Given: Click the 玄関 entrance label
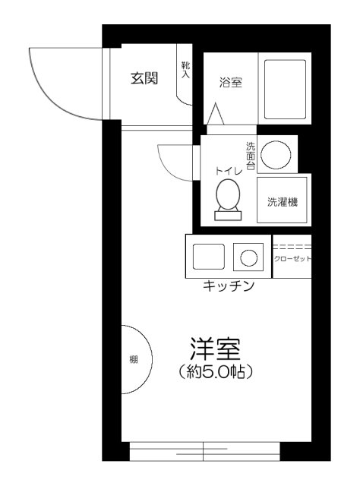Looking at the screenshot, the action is [144, 78].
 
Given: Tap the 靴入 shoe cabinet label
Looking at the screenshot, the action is [185, 70].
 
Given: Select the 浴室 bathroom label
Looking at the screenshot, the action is [231, 83].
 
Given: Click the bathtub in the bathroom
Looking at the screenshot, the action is [285, 90].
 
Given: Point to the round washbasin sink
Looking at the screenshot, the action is [276, 155].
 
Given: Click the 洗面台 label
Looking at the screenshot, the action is [251, 156].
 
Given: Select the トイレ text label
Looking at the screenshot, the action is [229, 171].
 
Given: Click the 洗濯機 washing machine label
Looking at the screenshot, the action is [283, 202].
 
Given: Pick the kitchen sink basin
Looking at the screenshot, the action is [208, 257].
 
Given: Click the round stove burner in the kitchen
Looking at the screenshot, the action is [248, 258].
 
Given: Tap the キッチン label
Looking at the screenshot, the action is [229, 286].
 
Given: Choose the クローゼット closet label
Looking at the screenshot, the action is [292, 259].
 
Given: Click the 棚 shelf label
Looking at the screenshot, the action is [134, 360].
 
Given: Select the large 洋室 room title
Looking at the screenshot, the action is [216, 349].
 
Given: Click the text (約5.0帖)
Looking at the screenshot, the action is [216, 371].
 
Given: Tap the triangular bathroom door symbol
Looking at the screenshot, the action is [216, 114].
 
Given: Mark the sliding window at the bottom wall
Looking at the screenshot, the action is [204, 452].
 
